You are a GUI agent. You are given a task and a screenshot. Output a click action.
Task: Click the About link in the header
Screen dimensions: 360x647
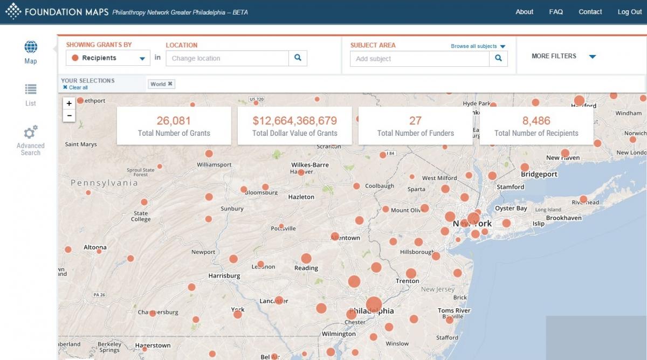[524, 12]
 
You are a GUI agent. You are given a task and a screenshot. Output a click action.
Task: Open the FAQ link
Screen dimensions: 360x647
[556, 12]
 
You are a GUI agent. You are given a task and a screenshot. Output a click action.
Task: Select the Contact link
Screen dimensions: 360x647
[590, 12]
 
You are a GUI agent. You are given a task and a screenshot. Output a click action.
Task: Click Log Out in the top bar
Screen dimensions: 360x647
[629, 12]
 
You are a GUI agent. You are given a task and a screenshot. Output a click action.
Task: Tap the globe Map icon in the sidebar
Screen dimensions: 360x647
[31, 47]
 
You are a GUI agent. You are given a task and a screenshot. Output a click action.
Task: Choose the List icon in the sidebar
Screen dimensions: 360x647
[31, 89]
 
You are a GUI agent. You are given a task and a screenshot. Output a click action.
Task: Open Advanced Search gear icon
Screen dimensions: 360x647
[31, 132]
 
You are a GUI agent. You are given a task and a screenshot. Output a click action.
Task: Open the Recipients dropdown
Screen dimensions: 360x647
[108, 58]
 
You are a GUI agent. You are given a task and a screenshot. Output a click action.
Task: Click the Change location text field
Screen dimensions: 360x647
[227, 58]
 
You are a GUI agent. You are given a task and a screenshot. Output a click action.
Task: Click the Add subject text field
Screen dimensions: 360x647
[419, 59]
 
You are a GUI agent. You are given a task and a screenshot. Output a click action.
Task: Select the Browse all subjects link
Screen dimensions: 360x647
[478, 46]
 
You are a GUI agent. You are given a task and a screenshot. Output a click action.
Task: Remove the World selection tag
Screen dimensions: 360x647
[170, 84]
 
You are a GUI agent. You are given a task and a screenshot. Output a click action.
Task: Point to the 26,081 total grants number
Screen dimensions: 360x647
[174, 121]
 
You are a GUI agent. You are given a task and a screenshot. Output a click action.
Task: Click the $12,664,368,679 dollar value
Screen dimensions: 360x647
[294, 121]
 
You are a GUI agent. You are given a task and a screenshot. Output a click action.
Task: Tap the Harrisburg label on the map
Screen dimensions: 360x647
[224, 276]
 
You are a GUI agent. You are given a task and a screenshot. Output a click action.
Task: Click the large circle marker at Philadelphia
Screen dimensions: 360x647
[374, 304]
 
